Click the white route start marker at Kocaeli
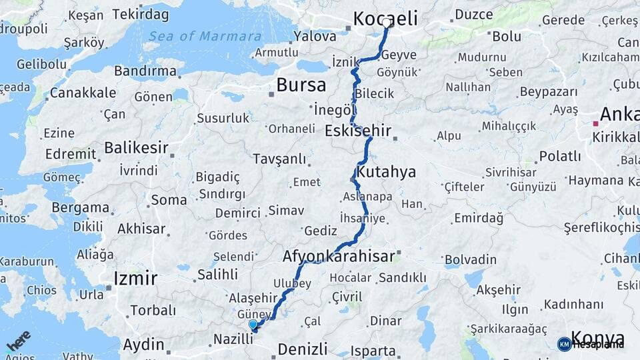pyautogui.click(x=387, y=23)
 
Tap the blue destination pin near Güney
pyautogui.click(x=253, y=325)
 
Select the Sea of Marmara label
pyautogui.click(x=205, y=36)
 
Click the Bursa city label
pyautogui.click(x=301, y=85)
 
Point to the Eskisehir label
pyautogui.click(x=358, y=131)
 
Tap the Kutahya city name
pyautogui.click(x=386, y=172)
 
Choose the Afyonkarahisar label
pyautogui.click(x=339, y=256)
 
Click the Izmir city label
pyautogui.click(x=135, y=278)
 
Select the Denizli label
pyautogui.click(x=303, y=349)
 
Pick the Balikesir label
pyautogui.click(x=135, y=147)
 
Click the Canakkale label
pyautogui.click(x=83, y=93)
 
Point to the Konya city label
pyautogui.click(x=598, y=339)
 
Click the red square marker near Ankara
pyautogui.click(x=595, y=123)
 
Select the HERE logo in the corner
pyautogui.click(x=19, y=341)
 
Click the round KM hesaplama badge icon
pyautogui.click(x=564, y=344)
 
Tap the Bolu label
pyautogui.click(x=507, y=36)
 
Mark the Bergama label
pyautogui.click(x=82, y=207)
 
